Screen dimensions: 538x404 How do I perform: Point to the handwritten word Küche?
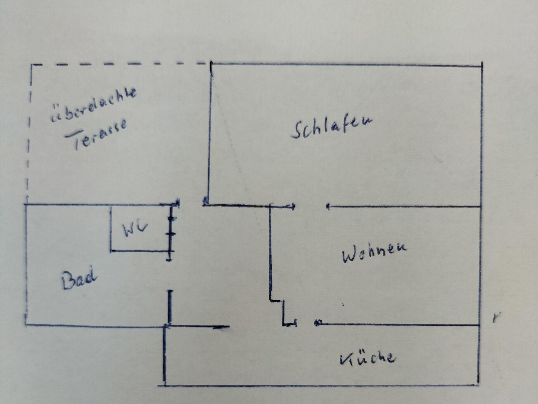[367, 358]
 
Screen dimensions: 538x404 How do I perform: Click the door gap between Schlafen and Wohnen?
[311, 206]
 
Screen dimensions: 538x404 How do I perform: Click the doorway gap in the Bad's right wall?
[170, 275]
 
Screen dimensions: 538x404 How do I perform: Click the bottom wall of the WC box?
[142, 251]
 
